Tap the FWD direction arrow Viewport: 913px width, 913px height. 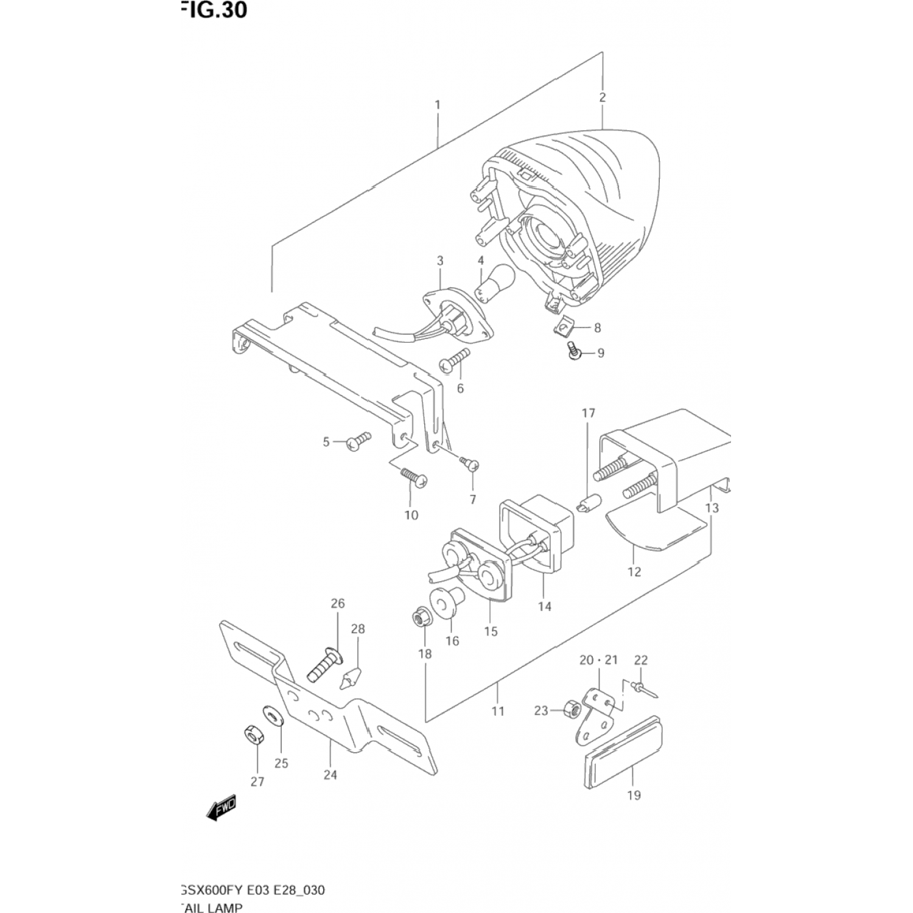(x=220, y=808)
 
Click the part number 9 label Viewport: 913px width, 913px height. (x=600, y=353)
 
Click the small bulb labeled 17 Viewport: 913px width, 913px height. (x=587, y=503)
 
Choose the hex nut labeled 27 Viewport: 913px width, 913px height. (x=253, y=736)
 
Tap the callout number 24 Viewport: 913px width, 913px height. (x=330, y=775)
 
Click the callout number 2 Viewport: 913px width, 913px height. (x=602, y=97)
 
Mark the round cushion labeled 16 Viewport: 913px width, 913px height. (x=446, y=601)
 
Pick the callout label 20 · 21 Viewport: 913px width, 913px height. (x=598, y=660)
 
